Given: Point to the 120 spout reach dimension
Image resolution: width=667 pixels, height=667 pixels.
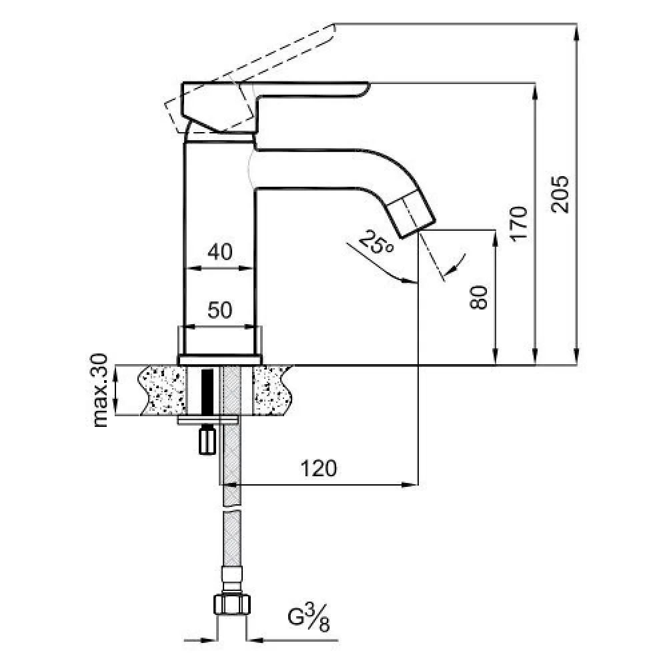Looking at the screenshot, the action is pyautogui.click(x=319, y=468).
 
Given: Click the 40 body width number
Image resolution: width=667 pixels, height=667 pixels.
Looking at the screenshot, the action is pyautogui.click(x=220, y=251).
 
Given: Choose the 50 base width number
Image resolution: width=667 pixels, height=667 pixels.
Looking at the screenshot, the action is pyautogui.click(x=220, y=310).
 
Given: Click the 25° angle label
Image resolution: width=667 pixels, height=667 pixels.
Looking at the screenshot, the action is pyautogui.click(x=376, y=243).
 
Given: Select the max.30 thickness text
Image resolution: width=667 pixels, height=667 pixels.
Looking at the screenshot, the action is pyautogui.click(x=101, y=390).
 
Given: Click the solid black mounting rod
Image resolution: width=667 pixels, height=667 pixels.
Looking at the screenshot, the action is pyautogui.click(x=207, y=392).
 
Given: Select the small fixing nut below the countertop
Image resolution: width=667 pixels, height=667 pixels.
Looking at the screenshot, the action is pyautogui.click(x=207, y=442).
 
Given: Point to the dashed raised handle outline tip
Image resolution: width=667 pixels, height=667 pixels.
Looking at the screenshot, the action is pyautogui.click(x=333, y=27).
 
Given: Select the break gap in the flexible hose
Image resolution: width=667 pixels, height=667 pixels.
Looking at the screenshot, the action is pyautogui.click(x=232, y=509).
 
